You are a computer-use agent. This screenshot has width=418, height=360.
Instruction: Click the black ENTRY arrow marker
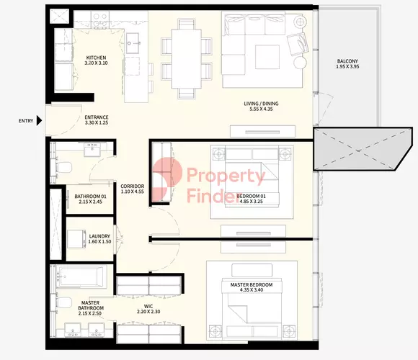click(39, 121)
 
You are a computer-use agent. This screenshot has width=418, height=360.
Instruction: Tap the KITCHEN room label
click(97, 58)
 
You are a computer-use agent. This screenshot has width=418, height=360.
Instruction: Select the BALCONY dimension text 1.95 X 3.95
click(347, 66)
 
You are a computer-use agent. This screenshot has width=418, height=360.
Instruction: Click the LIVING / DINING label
click(261, 103)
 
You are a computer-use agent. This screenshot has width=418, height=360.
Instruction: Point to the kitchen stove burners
click(100, 20)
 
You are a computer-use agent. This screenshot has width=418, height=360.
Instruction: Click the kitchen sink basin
click(133, 43)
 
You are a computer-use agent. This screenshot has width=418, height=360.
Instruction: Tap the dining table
click(187, 58)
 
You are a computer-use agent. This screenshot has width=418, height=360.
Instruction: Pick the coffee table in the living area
click(267, 57)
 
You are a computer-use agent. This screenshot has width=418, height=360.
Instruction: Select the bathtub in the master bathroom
click(81, 277)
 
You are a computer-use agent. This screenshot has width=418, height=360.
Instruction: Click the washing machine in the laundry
click(76, 239)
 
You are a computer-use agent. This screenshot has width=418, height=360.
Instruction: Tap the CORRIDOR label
click(132, 186)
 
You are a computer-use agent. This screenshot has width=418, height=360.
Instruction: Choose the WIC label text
click(148, 307)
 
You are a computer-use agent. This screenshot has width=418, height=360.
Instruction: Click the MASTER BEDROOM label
click(252, 284)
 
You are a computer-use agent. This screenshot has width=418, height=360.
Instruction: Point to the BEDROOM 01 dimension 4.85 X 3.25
click(252, 202)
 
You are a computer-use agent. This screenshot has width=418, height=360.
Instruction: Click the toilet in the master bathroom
click(64, 302)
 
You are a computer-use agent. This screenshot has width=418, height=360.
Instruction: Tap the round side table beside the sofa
click(301, 63)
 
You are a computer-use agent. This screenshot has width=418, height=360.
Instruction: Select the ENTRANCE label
click(97, 117)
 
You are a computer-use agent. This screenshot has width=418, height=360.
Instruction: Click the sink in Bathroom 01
click(92, 149)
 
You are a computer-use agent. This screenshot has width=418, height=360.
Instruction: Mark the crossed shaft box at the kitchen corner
click(59, 17)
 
